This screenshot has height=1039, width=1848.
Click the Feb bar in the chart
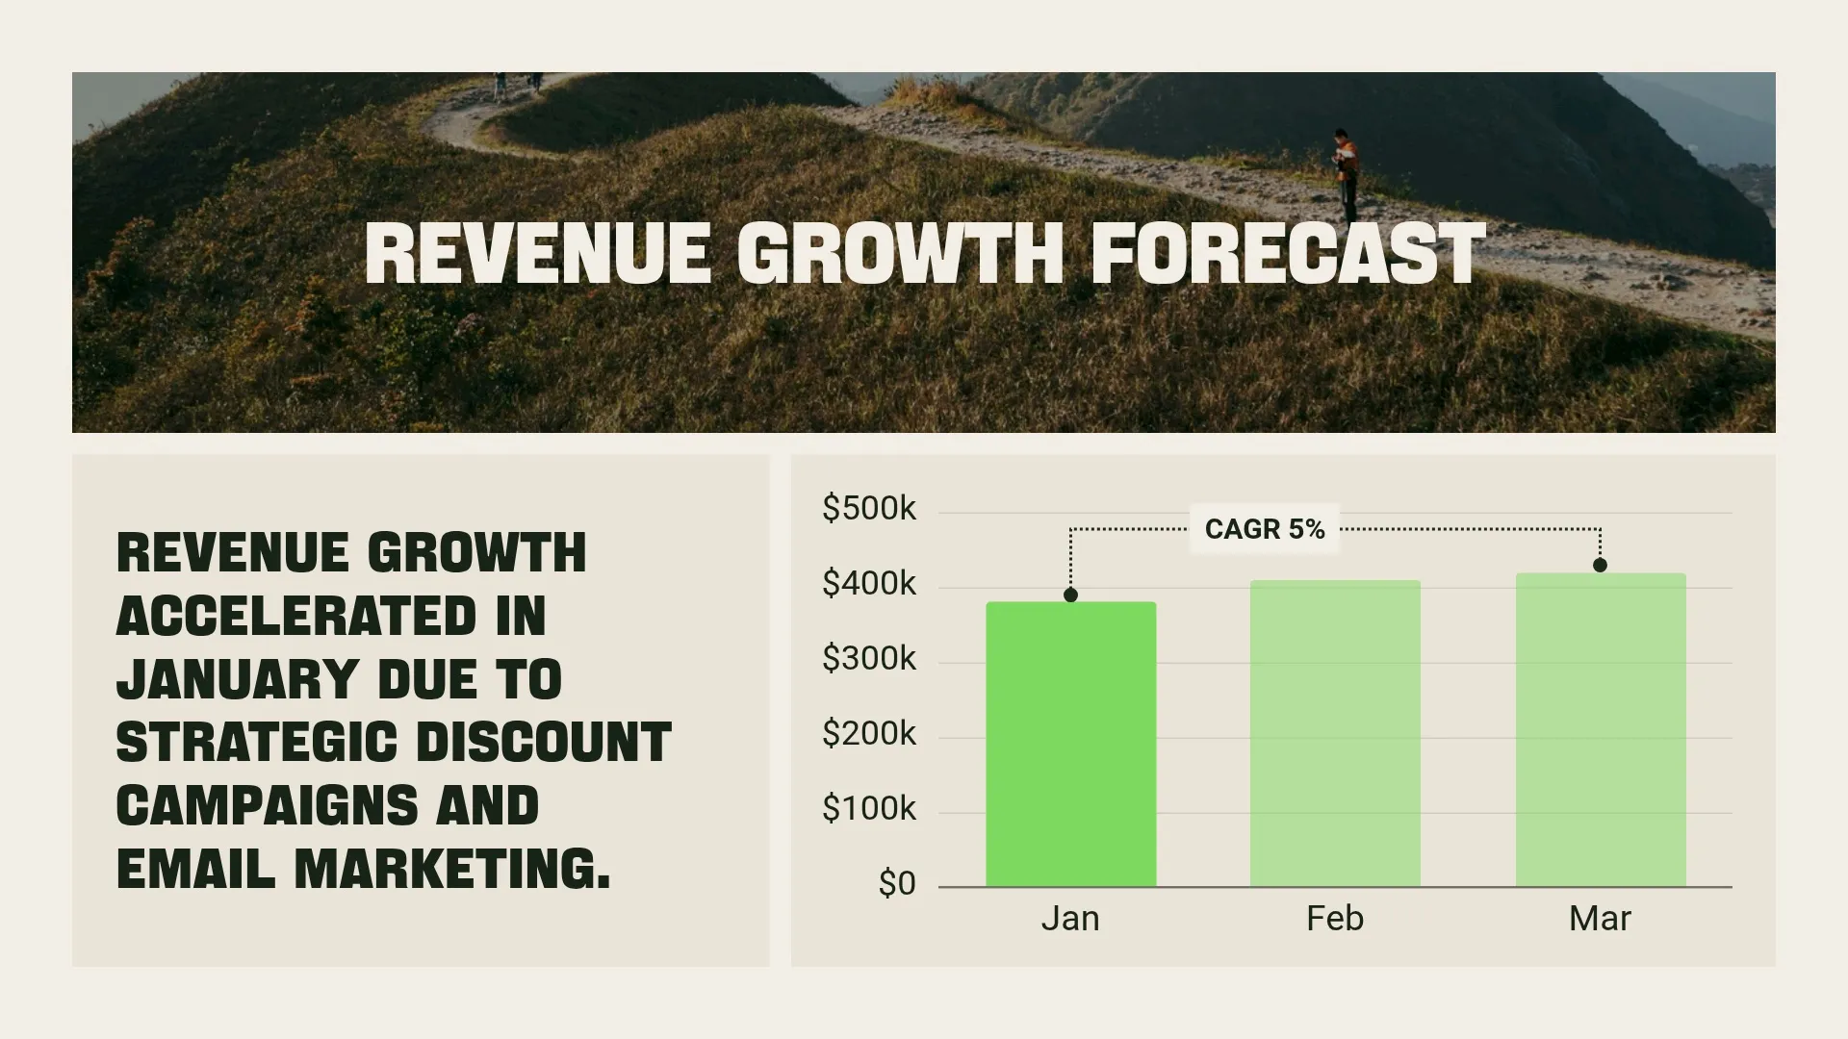[1335, 733]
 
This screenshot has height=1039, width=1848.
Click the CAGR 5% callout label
[1264, 529]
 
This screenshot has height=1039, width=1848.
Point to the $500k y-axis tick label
[868, 508]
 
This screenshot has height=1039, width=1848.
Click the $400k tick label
[868, 583]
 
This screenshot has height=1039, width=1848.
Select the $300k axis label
[868, 658]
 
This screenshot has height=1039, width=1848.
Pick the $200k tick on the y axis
[868, 733]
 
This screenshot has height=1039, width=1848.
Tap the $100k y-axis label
[868, 808]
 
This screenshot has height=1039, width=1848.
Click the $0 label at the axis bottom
[896, 883]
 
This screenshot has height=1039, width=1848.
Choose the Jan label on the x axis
[1070, 919]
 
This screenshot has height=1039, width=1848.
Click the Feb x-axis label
[1335, 919]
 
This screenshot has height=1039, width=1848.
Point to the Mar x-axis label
[1600, 919]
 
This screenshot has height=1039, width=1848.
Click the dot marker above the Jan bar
[1070, 596]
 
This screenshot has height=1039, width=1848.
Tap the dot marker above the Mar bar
[1600, 566]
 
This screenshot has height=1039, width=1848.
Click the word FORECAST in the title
[1288, 254]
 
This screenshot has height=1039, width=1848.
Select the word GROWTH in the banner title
[900, 254]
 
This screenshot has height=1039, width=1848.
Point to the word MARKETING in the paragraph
[452, 870]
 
